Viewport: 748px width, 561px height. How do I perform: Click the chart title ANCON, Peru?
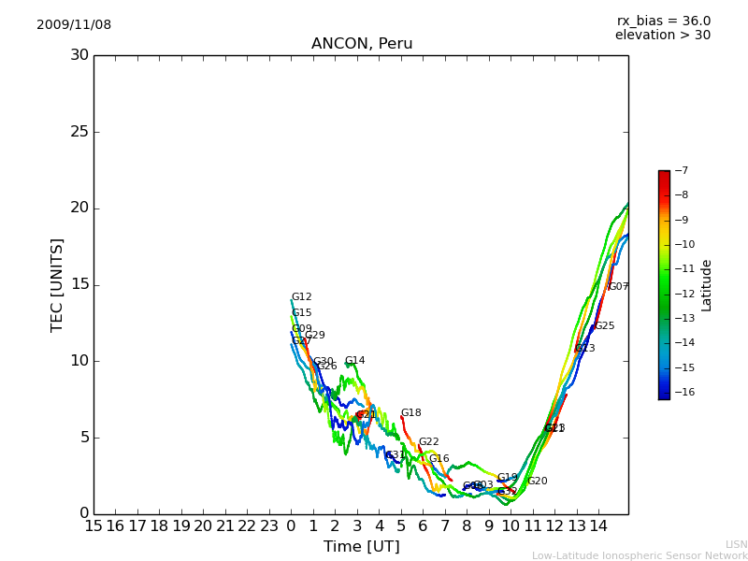[362, 44]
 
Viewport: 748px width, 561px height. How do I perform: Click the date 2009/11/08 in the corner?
[74, 25]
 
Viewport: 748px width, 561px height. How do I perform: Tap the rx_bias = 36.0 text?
[663, 22]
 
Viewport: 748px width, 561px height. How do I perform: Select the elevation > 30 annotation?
[662, 36]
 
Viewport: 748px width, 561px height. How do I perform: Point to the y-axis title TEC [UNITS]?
[58, 284]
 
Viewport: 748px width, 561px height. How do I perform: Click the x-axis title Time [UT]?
[361, 547]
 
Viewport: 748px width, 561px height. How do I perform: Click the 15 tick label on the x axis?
[93, 526]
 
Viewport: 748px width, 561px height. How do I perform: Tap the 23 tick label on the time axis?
[269, 526]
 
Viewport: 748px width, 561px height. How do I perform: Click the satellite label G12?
[302, 297]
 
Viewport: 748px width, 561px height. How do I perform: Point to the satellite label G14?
[354, 361]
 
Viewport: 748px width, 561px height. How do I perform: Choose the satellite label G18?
[411, 413]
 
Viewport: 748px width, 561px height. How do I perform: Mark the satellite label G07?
[619, 287]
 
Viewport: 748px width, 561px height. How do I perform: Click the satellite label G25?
[605, 326]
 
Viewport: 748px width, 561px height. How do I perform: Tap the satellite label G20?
[538, 482]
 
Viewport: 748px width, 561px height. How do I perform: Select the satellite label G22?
[428, 442]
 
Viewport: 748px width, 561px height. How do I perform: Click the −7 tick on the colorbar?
[680, 171]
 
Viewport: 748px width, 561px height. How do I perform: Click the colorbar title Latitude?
[707, 285]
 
